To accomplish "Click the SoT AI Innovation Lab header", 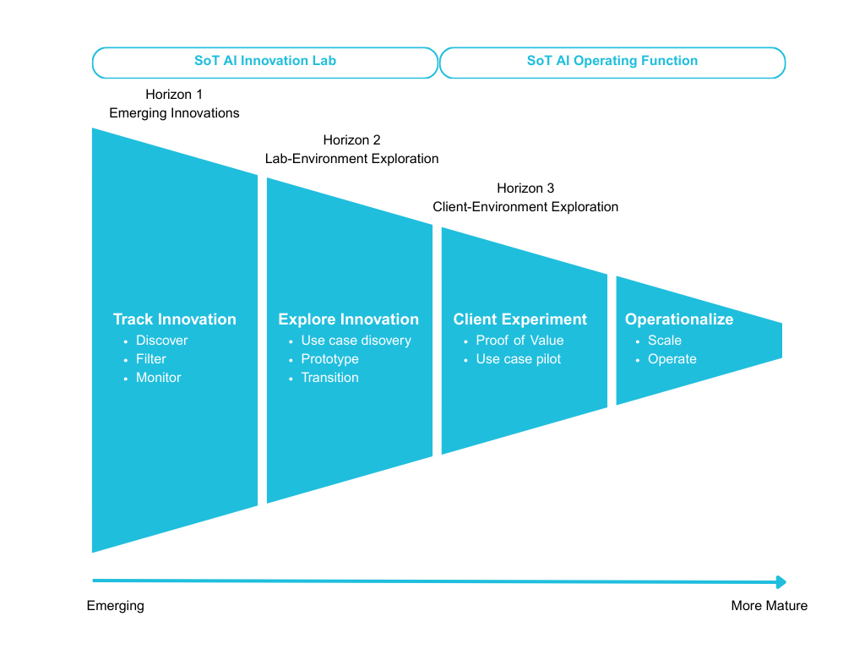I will pos(265,62).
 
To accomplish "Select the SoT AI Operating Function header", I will pos(612,62).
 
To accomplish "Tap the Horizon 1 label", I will pos(174,95).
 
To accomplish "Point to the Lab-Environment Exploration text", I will pos(351,159).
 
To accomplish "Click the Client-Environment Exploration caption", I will pos(525,207).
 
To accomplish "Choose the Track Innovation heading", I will pos(175,319).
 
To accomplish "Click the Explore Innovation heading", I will pos(348,319).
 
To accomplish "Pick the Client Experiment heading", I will pos(520,319).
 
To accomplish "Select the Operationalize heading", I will pos(679,319).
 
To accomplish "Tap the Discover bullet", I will pos(162,341).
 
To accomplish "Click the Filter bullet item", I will pos(151,359).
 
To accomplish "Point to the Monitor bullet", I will pos(159,378).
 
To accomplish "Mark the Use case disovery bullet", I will pos(356,341).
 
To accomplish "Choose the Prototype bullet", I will pos(329,359).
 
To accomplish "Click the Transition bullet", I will pos(329,378).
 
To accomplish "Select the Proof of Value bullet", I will pos(520,341).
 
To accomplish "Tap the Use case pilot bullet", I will pos(519,359).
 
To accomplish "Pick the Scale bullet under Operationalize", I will pos(665,341).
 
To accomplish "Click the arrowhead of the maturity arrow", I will pos(781,582).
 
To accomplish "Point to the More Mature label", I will pos(769,606).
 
